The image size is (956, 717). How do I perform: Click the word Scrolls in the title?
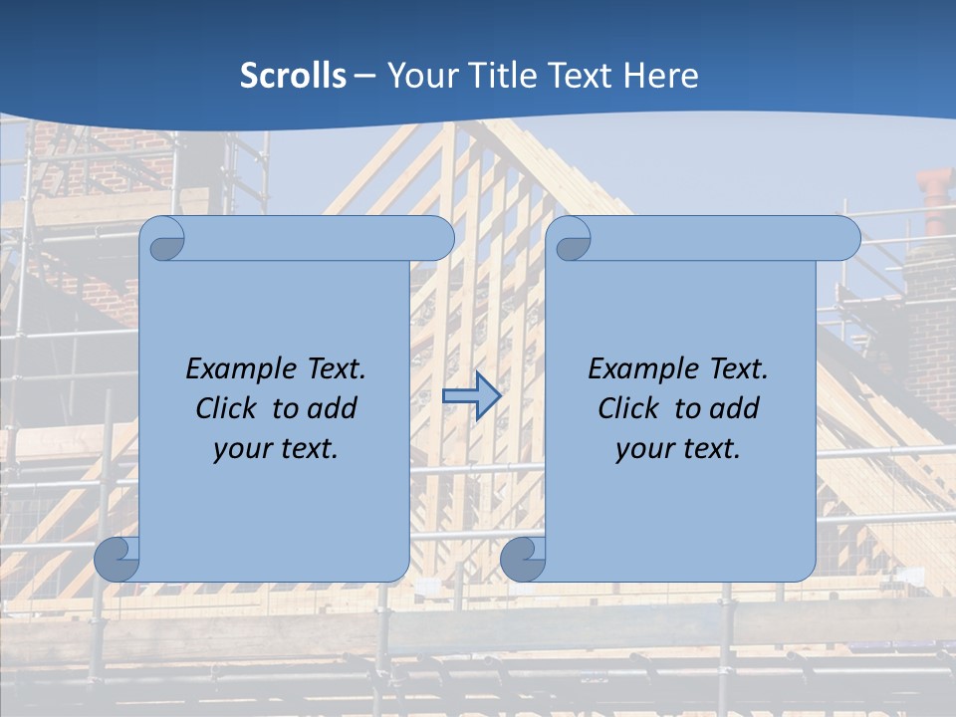pos(294,76)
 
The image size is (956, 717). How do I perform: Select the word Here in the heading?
pos(661,76)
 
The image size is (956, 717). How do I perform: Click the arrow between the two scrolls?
pos(471,395)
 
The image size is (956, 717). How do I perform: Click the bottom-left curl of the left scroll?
pos(117,560)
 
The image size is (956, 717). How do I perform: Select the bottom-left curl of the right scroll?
pos(522,560)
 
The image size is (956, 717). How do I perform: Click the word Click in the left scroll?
pos(223,408)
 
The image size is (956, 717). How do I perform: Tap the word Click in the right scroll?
pos(625,408)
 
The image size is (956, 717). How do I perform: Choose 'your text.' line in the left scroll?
pos(276,449)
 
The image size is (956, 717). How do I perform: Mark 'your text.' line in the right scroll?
pos(678,449)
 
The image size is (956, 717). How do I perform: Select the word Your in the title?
pos(419,76)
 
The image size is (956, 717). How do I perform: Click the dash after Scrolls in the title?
pos(364,76)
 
